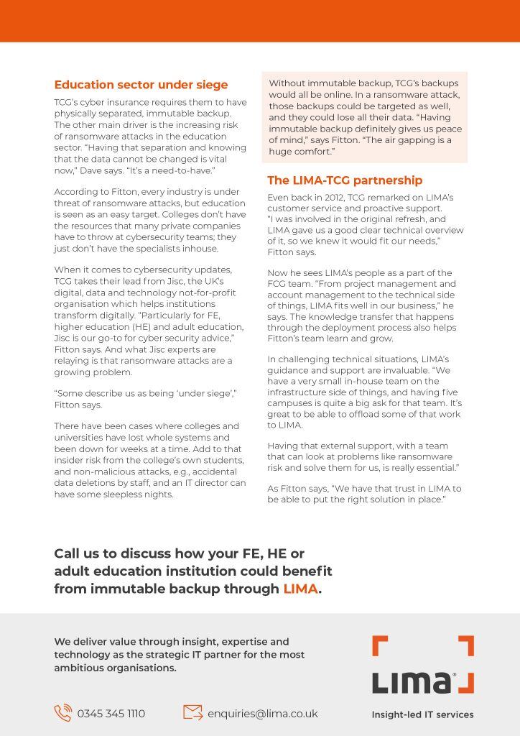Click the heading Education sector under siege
(x=141, y=85)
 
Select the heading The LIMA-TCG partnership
(x=345, y=180)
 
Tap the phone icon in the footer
(x=62, y=713)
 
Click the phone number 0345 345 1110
(x=111, y=714)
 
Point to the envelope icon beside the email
(x=192, y=712)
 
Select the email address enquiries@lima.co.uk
(x=262, y=714)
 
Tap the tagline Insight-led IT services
(x=422, y=714)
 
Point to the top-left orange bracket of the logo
(x=380, y=645)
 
